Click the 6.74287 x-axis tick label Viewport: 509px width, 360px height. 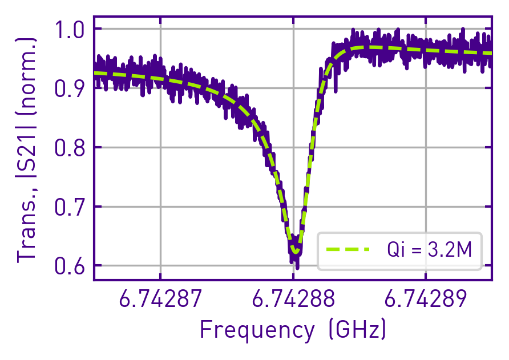tap(160, 298)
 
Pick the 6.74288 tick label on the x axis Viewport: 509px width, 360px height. tap(293, 298)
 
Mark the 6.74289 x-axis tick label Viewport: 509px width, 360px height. tap(426, 298)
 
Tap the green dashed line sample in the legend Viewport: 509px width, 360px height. tap(348, 249)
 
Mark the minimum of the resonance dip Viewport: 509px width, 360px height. tap(294, 251)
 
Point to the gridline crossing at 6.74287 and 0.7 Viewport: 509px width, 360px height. tap(160, 207)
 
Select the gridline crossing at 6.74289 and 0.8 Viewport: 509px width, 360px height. tap(426, 148)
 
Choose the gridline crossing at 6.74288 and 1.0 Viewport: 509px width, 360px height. tap(293, 29)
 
